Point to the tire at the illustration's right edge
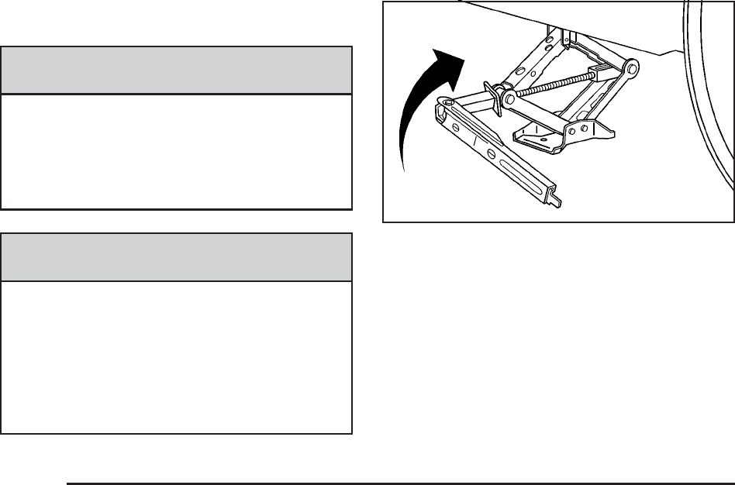pyautogui.click(x=709, y=101)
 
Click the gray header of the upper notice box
pyautogui.click(x=177, y=71)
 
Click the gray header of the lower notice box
pyautogui.click(x=177, y=257)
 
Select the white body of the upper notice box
pyautogui.click(x=177, y=152)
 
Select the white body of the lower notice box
pyautogui.click(x=177, y=356)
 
